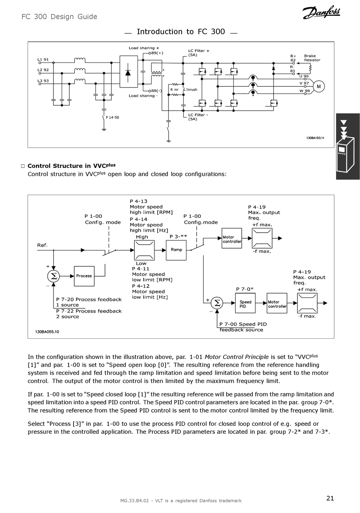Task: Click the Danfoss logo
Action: point(321,12)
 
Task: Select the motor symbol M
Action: point(319,86)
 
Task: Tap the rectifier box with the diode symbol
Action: point(129,72)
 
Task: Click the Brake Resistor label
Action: point(312,58)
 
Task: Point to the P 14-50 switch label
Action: point(112,117)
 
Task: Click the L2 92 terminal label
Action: point(43,70)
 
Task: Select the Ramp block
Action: point(176,250)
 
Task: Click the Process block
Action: point(84,276)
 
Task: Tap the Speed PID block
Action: point(245,303)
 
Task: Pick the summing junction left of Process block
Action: point(53,276)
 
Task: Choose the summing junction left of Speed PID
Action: point(217,303)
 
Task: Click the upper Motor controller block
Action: point(232,238)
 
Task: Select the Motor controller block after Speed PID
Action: point(277,303)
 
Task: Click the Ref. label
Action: point(42,245)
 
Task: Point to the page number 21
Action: point(330,498)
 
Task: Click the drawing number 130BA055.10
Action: point(47,332)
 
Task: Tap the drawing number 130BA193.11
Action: point(315,138)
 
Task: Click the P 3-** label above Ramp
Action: point(178,236)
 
